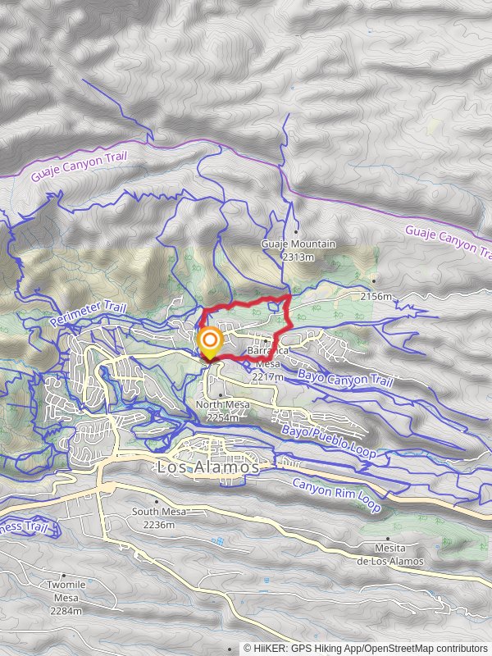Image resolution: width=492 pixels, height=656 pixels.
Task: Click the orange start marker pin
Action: tap(211, 342)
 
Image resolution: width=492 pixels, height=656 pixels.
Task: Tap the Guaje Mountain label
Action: tap(298, 244)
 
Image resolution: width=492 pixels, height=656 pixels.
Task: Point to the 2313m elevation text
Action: tap(298, 257)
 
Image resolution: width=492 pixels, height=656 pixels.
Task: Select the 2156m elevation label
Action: tap(377, 295)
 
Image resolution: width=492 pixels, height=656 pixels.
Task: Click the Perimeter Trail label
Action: tap(87, 311)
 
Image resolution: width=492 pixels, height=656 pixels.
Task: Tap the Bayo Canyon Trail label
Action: tap(345, 378)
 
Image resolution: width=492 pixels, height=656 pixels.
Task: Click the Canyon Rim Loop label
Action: tap(336, 495)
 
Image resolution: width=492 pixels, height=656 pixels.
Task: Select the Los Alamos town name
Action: tap(207, 467)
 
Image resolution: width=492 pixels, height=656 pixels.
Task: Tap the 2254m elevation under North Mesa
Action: tap(222, 417)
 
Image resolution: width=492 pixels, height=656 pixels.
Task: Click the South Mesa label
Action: tap(159, 512)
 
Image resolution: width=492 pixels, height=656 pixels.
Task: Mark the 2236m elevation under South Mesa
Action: tap(159, 524)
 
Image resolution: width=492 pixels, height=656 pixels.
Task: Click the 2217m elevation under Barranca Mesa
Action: tap(268, 377)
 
